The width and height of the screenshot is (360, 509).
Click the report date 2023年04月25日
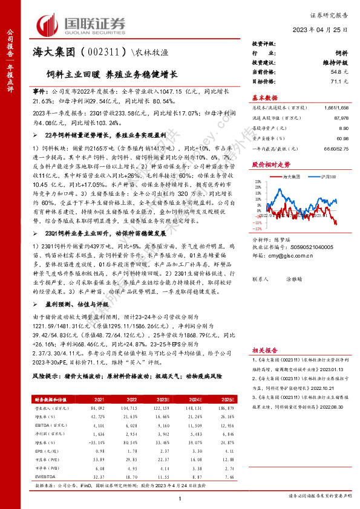tap(325, 30)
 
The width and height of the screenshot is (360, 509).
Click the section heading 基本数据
tap(264, 97)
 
